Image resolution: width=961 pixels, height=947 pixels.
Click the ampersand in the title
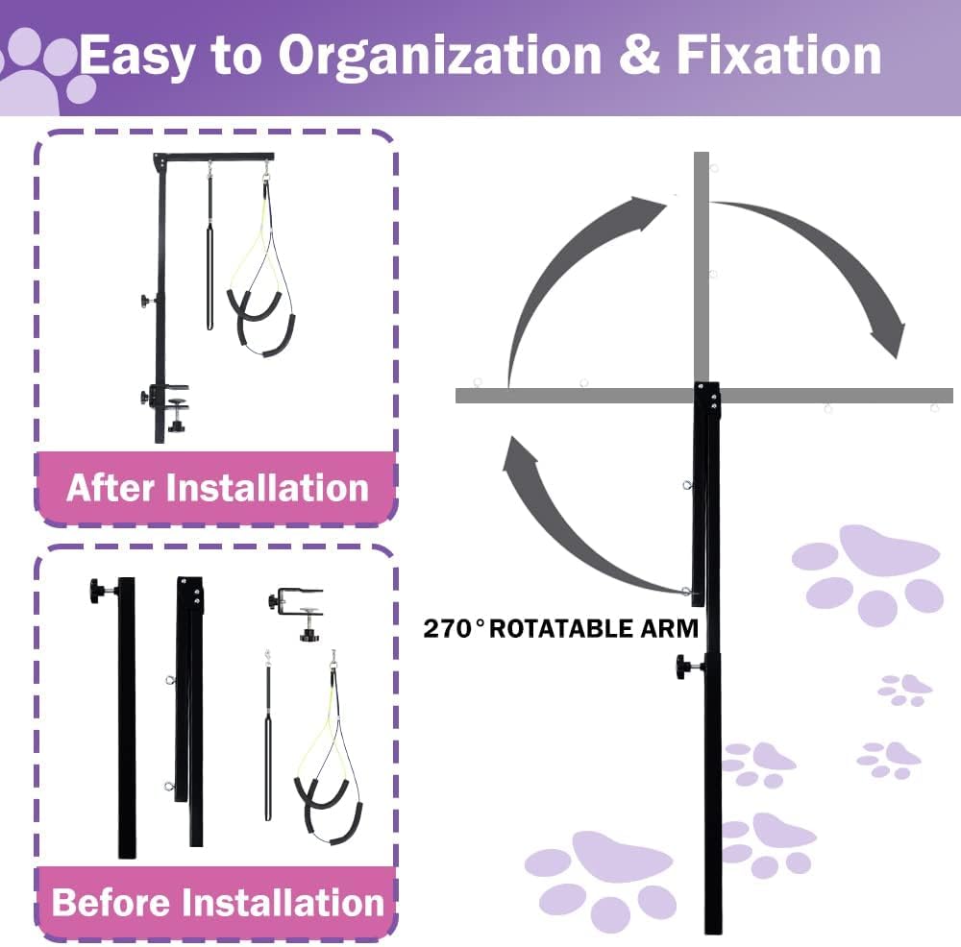point(639,56)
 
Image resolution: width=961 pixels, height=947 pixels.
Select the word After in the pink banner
point(110,488)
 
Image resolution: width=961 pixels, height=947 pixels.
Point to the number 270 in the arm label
point(449,629)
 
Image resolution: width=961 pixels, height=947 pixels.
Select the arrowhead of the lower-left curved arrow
point(519,452)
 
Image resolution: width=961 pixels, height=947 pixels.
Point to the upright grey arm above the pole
point(702,267)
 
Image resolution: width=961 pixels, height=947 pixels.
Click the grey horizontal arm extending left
point(575,396)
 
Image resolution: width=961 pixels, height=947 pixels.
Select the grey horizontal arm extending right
point(836,396)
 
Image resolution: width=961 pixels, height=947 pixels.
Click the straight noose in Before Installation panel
point(268,736)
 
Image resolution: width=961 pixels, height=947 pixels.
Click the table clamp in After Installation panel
point(165,404)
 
